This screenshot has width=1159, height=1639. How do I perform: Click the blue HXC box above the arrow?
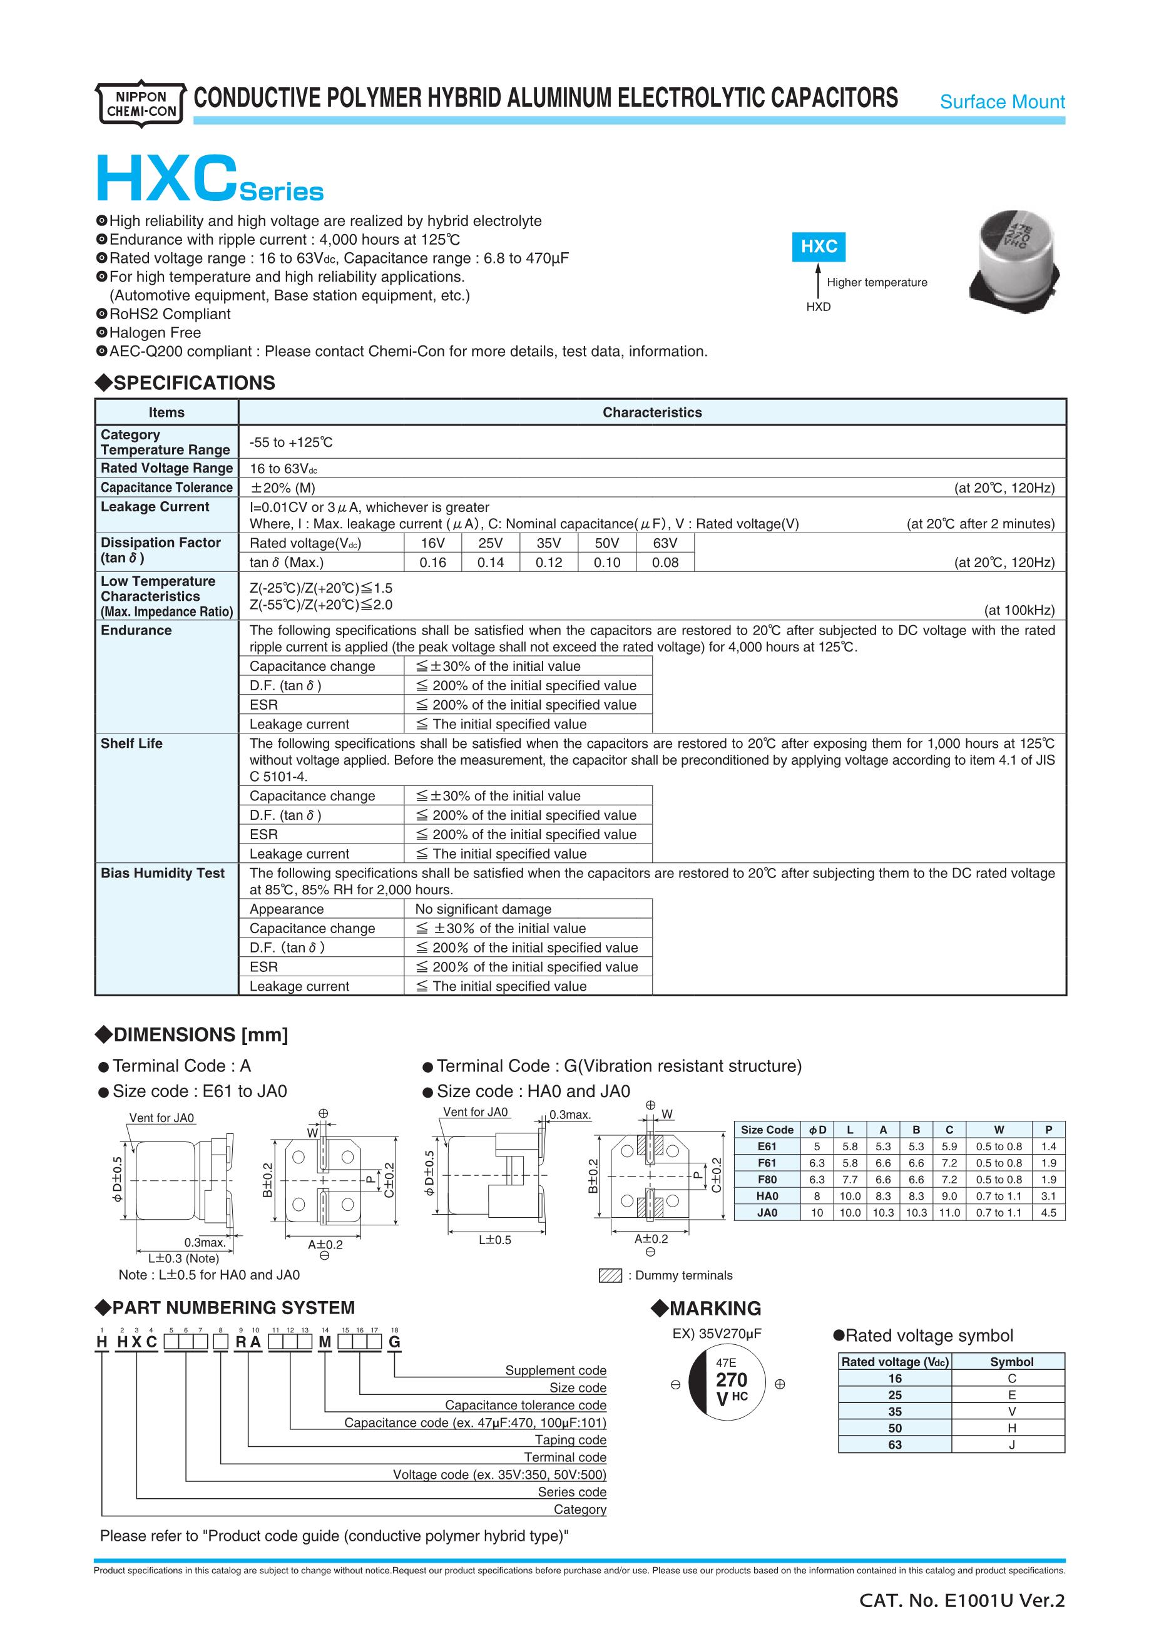[x=819, y=247]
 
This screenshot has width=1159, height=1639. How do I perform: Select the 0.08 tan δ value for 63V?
[x=665, y=563]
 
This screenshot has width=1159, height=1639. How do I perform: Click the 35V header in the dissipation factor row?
[x=548, y=543]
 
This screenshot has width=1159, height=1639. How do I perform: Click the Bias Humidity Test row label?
[x=162, y=873]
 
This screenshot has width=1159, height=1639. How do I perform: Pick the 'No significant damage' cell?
[x=483, y=909]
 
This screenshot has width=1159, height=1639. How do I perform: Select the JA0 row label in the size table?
[x=767, y=1212]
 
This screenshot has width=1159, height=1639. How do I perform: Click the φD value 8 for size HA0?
[x=817, y=1196]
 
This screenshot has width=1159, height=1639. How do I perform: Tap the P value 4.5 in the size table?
[x=1048, y=1212]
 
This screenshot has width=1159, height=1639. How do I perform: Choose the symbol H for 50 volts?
[x=1011, y=1427]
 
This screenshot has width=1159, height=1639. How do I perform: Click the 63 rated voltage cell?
[x=895, y=1444]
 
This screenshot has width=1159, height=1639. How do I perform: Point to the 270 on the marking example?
[x=732, y=1380]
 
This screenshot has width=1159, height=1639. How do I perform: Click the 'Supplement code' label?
[x=555, y=1370]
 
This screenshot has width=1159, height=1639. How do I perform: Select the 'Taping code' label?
[x=570, y=1440]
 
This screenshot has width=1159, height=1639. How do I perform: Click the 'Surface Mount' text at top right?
[x=1002, y=102]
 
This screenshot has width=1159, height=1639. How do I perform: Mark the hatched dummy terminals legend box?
[x=610, y=1275]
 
